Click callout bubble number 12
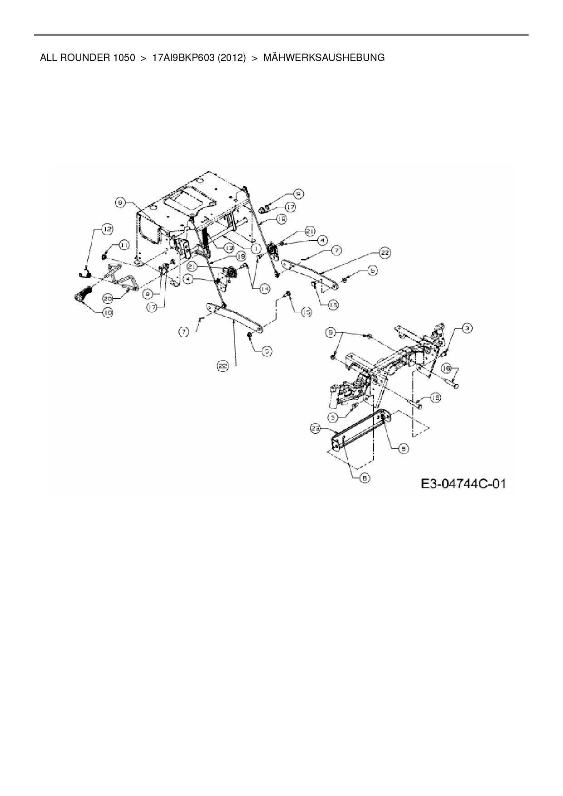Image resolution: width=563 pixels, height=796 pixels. [x=107, y=230]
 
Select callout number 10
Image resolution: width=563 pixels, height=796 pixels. [x=108, y=313]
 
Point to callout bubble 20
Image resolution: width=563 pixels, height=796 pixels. [x=107, y=299]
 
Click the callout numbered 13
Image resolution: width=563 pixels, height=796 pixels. [x=228, y=248]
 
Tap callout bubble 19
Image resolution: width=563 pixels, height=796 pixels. [x=241, y=256]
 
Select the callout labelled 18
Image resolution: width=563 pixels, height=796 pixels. [x=281, y=219]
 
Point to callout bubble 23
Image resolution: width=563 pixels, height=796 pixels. [x=316, y=427]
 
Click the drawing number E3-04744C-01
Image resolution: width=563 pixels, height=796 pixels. [x=463, y=484]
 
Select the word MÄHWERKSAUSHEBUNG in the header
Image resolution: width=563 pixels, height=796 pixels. [x=324, y=58]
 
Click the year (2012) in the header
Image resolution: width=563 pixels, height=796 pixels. [x=232, y=58]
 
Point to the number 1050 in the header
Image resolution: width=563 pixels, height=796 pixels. [x=121, y=58]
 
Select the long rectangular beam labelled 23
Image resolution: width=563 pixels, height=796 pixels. [x=359, y=426]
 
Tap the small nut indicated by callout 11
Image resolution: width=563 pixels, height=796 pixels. [x=104, y=257]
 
